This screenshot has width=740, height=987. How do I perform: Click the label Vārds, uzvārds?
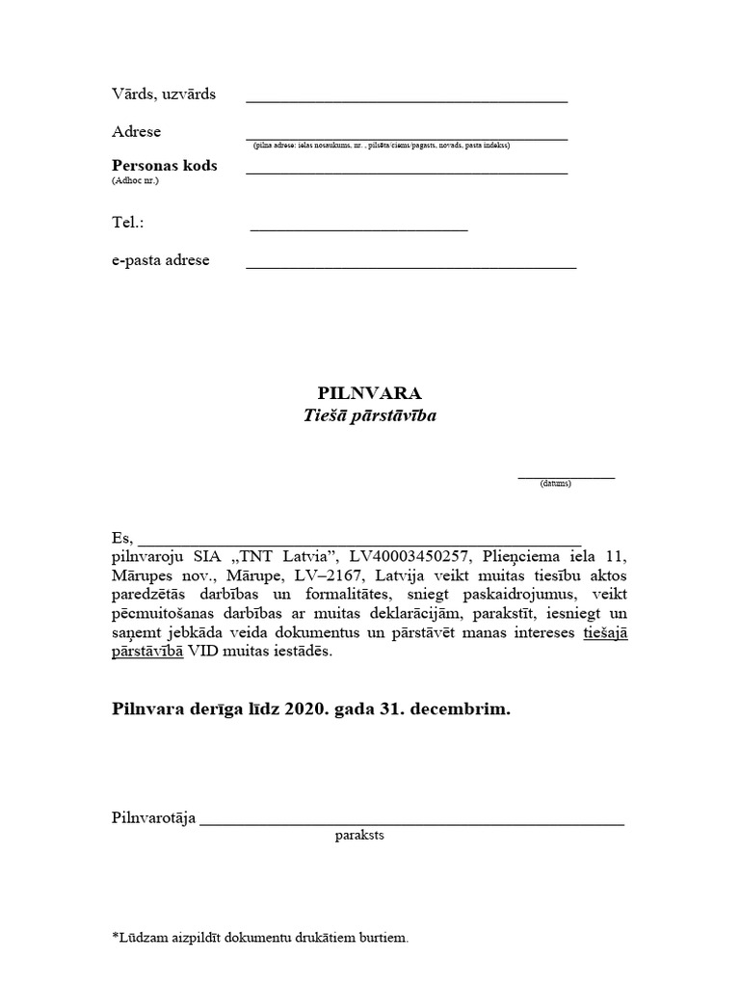[x=164, y=94]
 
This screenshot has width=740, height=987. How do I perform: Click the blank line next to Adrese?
[x=406, y=138]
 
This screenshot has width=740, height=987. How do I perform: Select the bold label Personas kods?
[x=165, y=165]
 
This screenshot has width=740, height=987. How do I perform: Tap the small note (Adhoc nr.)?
[x=135, y=180]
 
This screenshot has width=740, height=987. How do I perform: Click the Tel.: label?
[x=127, y=223]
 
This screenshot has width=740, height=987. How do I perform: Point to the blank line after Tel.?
[x=358, y=230]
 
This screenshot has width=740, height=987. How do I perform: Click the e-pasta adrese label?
[x=161, y=260]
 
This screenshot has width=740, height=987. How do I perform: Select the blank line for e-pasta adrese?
[x=410, y=267]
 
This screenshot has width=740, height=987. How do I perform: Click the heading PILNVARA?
[x=370, y=393]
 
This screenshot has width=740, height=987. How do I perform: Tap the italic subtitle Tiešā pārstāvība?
[x=370, y=416]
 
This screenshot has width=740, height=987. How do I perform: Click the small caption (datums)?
[x=556, y=483]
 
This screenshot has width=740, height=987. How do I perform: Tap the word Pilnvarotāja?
[x=154, y=818]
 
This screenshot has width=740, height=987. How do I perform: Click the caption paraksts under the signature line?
[x=359, y=836]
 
